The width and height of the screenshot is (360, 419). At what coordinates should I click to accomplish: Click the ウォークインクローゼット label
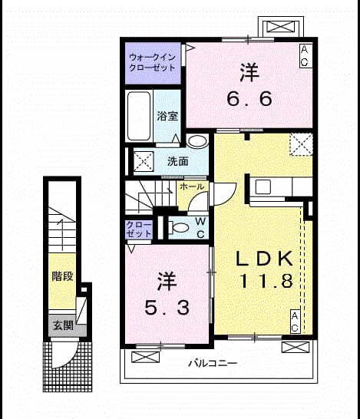coord(152,62)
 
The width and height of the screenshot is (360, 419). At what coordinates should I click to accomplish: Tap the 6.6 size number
coord(249,98)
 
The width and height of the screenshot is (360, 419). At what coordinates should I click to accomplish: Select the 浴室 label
coord(167,116)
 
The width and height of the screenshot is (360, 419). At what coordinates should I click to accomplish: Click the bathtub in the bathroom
coord(139,116)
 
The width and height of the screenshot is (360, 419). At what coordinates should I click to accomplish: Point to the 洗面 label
coord(178,161)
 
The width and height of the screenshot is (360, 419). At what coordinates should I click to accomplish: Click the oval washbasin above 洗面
coord(197,140)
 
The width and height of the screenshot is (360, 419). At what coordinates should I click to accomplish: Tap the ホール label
coord(192,186)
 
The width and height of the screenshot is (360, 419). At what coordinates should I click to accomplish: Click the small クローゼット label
coord(139,229)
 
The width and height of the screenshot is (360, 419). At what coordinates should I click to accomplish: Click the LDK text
coord(264,259)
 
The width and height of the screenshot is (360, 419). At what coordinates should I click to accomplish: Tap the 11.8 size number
coord(266,281)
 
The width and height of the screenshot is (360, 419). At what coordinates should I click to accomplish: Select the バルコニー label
coord(213,364)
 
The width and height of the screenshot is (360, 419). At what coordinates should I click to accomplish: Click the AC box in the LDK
coord(295,322)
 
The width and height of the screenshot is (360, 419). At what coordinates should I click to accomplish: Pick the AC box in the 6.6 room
coord(305,55)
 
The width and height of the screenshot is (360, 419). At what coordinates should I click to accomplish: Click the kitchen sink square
coord(263,186)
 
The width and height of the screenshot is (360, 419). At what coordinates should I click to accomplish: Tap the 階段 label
coord(62,276)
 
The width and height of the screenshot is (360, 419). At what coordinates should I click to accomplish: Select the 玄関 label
coord(63,325)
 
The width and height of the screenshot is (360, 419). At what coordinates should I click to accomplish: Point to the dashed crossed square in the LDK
coord(301,144)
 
